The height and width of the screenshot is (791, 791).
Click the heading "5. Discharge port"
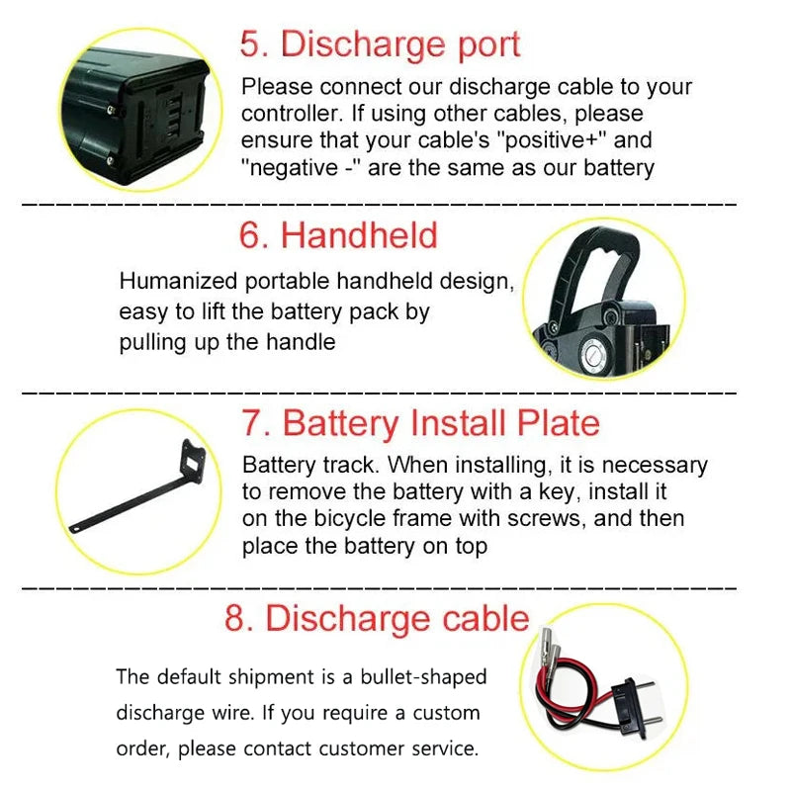(380, 44)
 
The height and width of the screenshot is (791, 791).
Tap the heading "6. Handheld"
(338, 235)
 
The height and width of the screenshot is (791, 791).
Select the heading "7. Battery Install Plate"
(421, 423)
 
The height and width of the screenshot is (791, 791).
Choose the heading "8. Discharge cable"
(377, 618)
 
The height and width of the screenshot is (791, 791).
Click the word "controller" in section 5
(292, 114)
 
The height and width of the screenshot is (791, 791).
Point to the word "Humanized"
(178, 281)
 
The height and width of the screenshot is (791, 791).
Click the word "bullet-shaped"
(423, 677)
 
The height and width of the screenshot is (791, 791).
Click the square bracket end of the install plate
(193, 461)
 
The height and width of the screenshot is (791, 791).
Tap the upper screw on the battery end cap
(112, 110)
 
